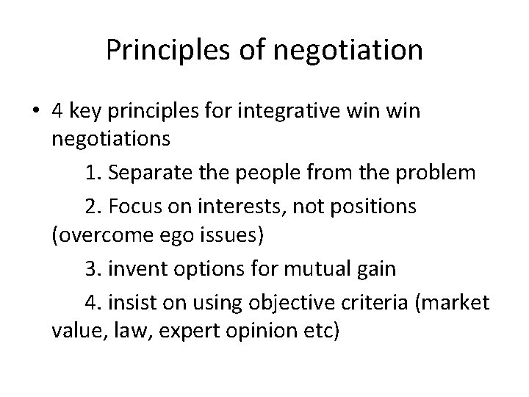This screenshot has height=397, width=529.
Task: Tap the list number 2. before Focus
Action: pyautogui.click(x=95, y=207)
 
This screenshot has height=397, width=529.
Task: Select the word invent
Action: pyautogui.click(x=134, y=269)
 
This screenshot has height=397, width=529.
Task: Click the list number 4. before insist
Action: pyautogui.click(x=95, y=301)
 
